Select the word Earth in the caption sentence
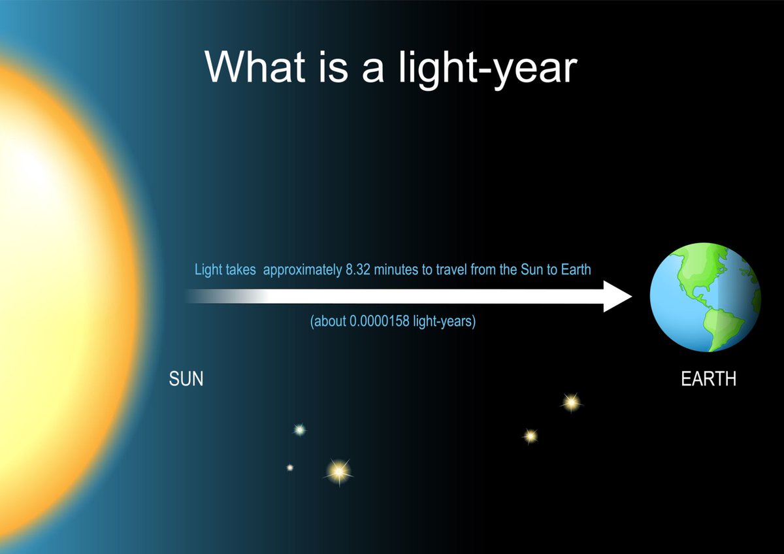576,270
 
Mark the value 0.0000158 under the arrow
385,322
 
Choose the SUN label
186,379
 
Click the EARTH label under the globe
708,379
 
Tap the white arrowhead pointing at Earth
617,296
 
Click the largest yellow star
338,470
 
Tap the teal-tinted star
299,429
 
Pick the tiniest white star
289,467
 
